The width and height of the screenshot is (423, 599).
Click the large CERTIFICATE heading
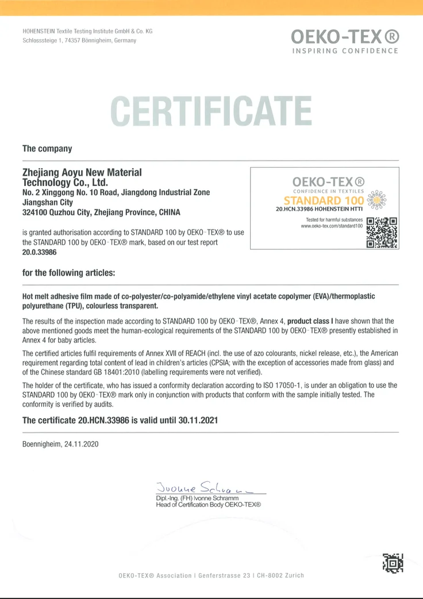pos(211,111)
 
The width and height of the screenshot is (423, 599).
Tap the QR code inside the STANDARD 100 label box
pos(382,232)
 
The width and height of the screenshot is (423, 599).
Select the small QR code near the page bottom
pos(392,563)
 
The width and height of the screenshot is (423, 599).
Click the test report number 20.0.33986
pos(40,252)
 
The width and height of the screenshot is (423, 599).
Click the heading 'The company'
pos(47,149)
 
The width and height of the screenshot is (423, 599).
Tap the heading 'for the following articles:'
pos(68,272)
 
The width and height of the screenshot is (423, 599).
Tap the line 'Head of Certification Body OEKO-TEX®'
pos(209,504)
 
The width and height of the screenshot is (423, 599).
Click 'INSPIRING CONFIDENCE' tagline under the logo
pos(345,51)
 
